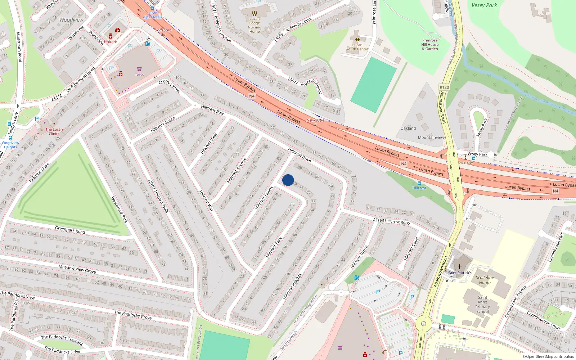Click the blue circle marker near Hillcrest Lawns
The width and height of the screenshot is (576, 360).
(288, 180)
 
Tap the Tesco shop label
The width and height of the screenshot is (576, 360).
(139, 75)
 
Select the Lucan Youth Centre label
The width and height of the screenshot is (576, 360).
(357, 47)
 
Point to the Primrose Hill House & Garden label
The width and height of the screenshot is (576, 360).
(430, 45)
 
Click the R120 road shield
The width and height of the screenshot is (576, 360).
(444, 87)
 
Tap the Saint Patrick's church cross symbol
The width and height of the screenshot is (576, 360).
(459, 267)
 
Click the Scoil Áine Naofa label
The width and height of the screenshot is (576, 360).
(485, 280)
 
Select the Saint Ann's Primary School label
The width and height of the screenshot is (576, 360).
(482, 304)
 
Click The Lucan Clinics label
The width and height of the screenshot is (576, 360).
(54, 131)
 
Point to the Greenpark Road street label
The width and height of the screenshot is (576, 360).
(70, 230)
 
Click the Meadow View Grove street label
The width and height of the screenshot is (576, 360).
(77, 269)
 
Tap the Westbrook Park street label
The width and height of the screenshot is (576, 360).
(119, 209)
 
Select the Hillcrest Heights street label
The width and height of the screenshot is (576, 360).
(292, 287)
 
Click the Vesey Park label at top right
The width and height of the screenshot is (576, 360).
(484, 5)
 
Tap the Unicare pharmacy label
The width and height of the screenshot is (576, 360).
(111, 42)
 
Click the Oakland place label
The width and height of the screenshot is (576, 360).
(408, 128)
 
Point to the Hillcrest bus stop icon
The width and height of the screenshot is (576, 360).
(419, 183)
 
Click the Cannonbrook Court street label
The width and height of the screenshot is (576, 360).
(544, 320)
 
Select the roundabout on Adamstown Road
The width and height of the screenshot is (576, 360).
(423, 324)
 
